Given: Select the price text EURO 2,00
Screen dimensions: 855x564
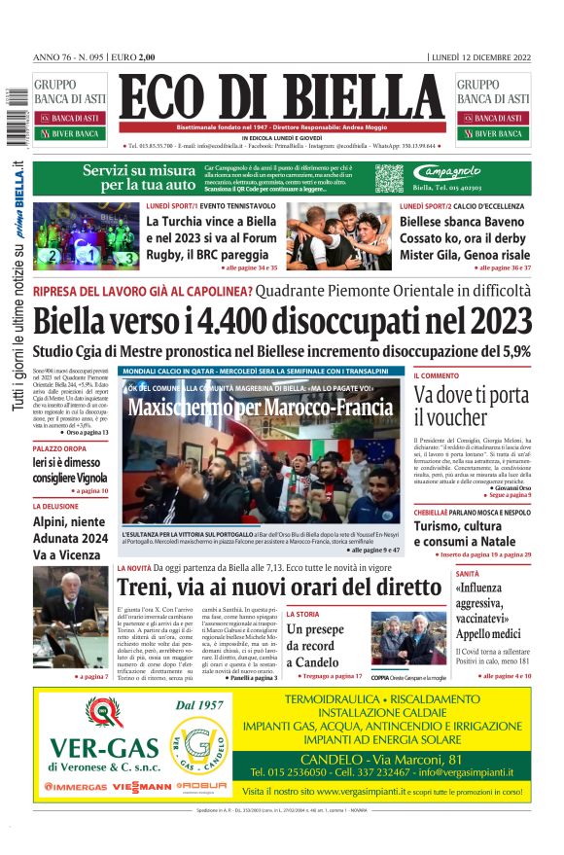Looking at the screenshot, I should pyautogui.click(x=133, y=57).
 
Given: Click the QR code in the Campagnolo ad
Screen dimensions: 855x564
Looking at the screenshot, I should pyautogui.click(x=389, y=178).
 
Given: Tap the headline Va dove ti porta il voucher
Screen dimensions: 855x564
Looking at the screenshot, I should pyautogui.click(x=471, y=407).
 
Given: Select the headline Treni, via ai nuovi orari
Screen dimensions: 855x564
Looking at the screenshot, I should pyautogui.click(x=278, y=588).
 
